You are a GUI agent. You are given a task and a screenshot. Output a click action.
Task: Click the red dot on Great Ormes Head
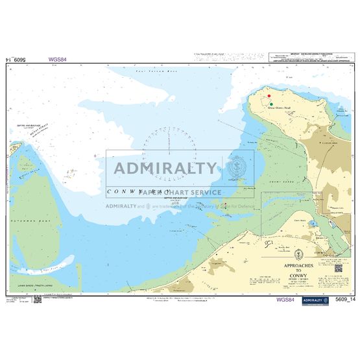pos(269,96)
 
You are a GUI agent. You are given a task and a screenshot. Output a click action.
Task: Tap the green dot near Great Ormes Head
pos(271,104)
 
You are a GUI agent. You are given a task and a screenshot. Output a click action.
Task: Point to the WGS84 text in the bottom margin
pos(285,300)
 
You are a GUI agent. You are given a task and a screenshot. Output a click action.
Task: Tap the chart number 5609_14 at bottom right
pos(346,300)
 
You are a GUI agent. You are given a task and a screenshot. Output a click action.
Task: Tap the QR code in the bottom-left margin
pos(38,299)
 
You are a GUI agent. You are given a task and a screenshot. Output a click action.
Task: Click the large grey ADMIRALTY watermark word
pos(165,168)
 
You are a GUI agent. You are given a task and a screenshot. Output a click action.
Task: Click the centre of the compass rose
pos(161,154)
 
